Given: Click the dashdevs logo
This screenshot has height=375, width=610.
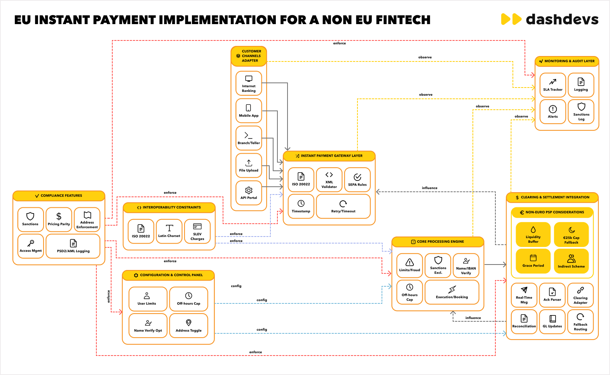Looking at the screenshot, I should pyautogui.click(x=549, y=19).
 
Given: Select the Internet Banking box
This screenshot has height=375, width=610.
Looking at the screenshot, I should pyautogui.click(x=249, y=83).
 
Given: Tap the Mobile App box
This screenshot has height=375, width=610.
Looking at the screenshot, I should pyautogui.click(x=249, y=110).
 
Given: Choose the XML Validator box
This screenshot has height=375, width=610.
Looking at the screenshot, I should pyautogui.click(x=329, y=180).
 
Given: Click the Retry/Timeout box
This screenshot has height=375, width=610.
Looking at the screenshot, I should pyautogui.click(x=343, y=206).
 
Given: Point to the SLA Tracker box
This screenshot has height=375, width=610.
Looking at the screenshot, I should pyautogui.click(x=552, y=85).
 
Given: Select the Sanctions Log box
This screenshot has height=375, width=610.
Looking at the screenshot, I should pyautogui.click(x=581, y=112).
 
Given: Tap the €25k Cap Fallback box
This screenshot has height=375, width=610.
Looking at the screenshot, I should pyautogui.click(x=571, y=235).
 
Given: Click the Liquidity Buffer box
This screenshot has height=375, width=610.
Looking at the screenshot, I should pyautogui.click(x=533, y=235).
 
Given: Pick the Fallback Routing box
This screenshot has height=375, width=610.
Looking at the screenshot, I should pyautogui.click(x=580, y=321).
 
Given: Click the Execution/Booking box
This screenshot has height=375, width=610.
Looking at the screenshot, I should pyautogui.click(x=452, y=292).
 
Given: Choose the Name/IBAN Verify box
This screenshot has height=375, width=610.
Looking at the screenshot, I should pyautogui.click(x=466, y=265).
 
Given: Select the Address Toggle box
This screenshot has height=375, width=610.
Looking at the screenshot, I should pyautogui.click(x=188, y=326).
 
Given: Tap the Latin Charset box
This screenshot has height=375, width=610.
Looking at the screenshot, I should pyautogui.click(x=169, y=231).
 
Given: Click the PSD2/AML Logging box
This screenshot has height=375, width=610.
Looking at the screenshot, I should pyautogui.click(x=73, y=246).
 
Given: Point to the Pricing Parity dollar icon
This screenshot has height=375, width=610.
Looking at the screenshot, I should pyautogui.click(x=59, y=216).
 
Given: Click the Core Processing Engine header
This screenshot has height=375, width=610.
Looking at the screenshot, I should pyautogui.click(x=438, y=242).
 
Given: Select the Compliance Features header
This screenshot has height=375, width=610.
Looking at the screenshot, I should pyautogui.click(x=59, y=196).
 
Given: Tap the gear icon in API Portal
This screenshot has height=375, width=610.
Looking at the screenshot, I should pyautogui.click(x=249, y=190).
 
